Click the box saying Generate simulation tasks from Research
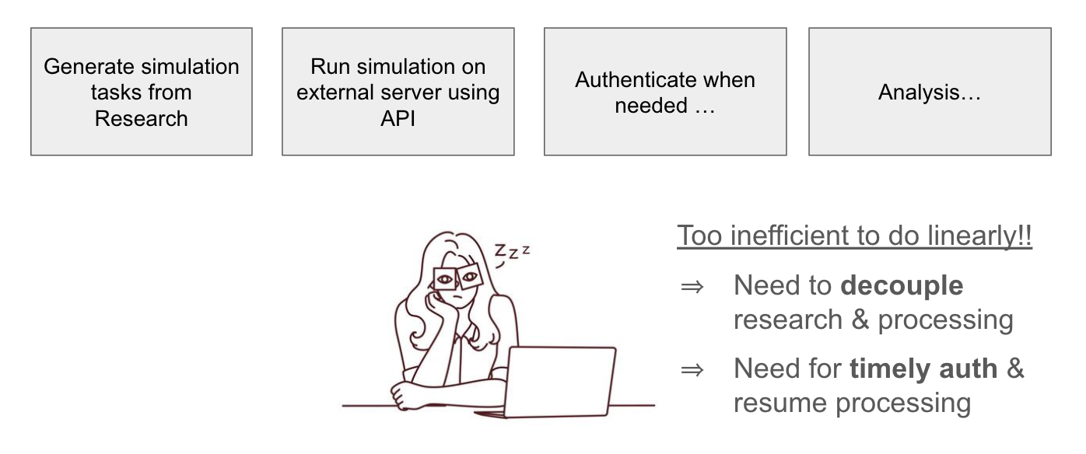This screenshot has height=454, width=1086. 142,92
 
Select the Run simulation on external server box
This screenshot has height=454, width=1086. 398,92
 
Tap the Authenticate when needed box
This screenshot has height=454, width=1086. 665,92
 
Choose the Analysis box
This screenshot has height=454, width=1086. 930,92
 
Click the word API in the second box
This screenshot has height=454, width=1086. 398,118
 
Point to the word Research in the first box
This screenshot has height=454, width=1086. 141,118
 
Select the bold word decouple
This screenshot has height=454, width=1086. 902,285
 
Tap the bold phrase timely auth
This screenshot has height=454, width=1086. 923,368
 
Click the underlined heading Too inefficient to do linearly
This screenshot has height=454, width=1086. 854,236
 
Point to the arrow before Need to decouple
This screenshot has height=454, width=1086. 692,287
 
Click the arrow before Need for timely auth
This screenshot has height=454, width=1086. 692,370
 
